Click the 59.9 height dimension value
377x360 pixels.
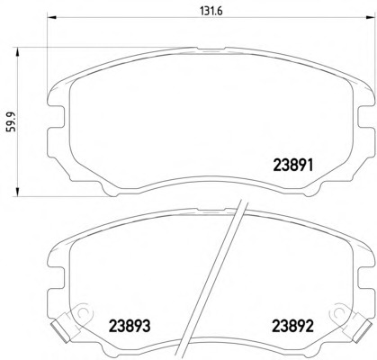pos(13,122)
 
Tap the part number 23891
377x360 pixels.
pos(293,165)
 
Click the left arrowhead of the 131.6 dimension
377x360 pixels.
pos(52,17)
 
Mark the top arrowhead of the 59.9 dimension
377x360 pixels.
pos(17,51)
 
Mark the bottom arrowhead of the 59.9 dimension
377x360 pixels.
pos(17,192)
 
